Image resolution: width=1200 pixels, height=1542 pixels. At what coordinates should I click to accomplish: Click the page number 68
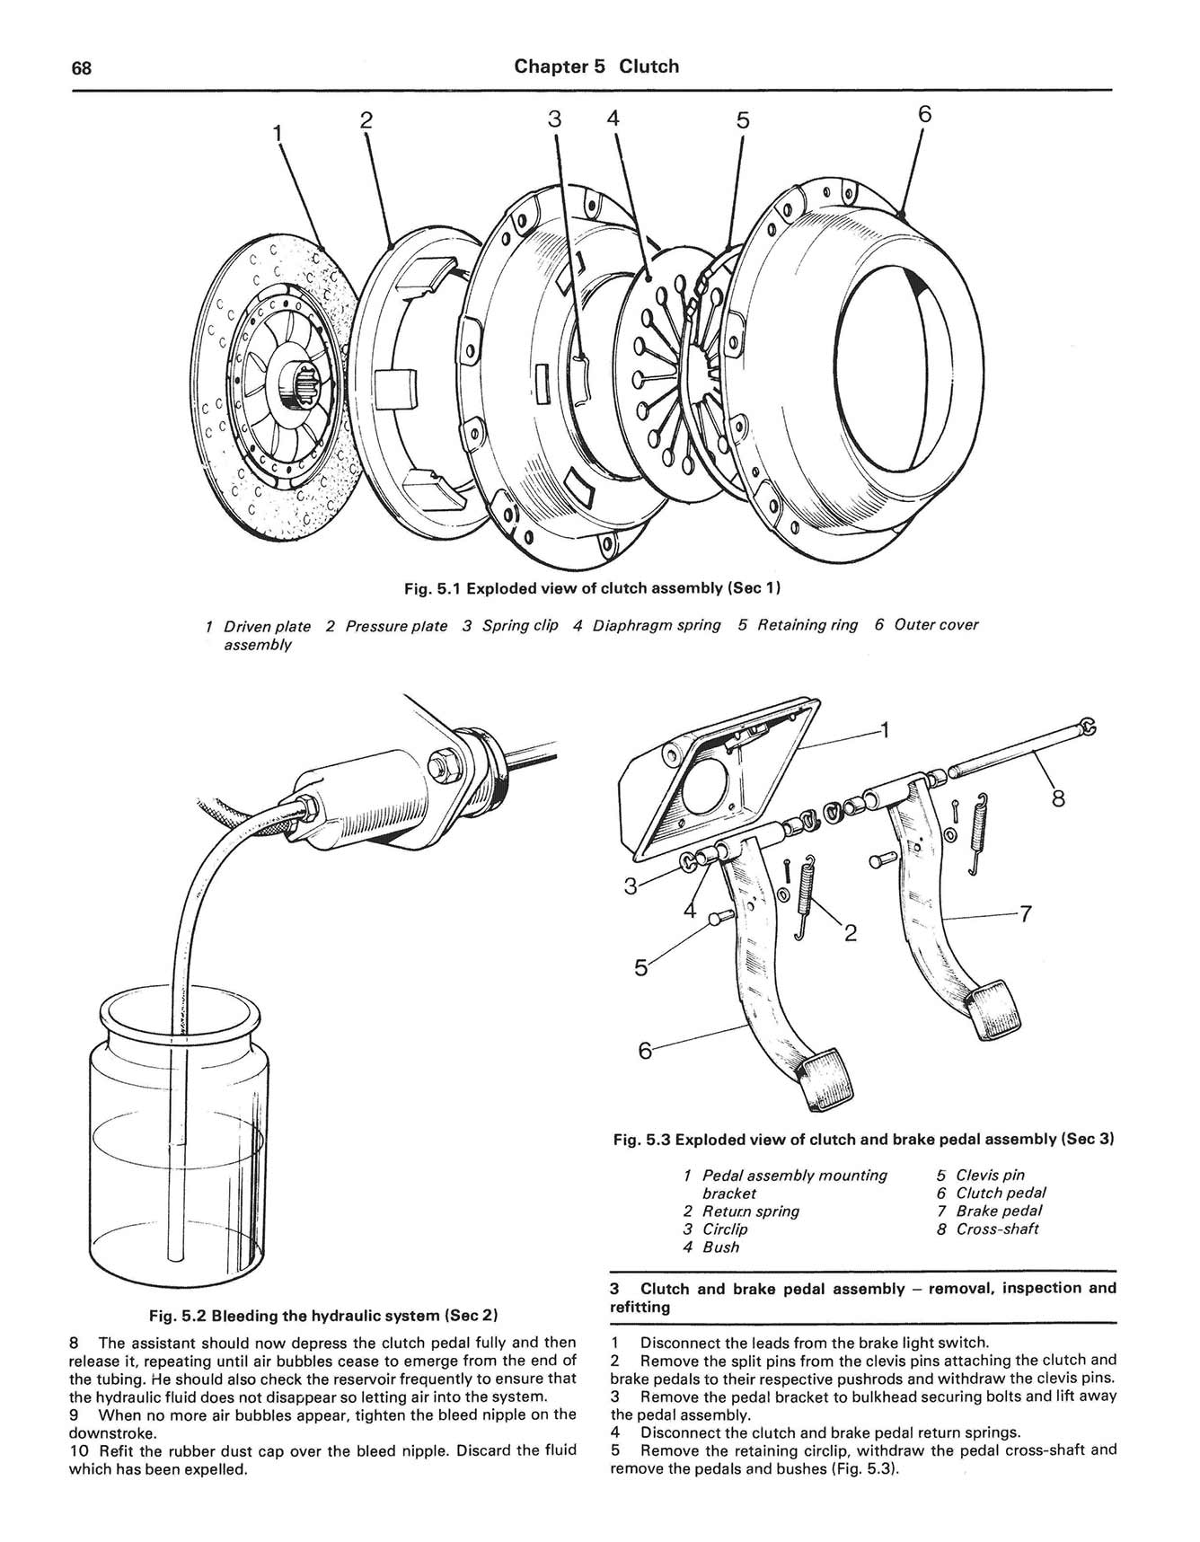82,69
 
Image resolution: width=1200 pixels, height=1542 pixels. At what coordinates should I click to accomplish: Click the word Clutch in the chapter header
649,66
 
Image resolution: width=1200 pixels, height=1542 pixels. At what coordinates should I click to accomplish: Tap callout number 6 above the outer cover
925,114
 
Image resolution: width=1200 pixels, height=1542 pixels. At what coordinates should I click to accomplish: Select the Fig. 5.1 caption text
592,588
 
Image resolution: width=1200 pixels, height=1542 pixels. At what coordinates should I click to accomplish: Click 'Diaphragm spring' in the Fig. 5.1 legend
656,625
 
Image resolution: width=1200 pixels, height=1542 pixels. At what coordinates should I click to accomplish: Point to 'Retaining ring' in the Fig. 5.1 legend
807,625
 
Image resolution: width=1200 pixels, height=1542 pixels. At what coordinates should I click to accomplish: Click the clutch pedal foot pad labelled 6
822,1076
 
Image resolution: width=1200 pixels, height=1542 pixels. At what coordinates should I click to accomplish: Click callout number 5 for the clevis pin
640,967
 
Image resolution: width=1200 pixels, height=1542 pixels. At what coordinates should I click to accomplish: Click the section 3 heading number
615,1289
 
